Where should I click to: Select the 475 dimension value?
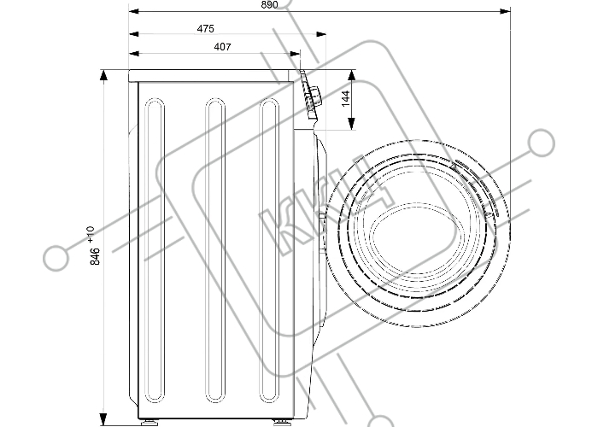[205, 28]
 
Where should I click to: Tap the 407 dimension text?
[197, 48]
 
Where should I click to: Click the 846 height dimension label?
[95, 254]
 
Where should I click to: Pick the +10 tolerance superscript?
[91, 231]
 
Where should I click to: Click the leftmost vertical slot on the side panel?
[154, 248]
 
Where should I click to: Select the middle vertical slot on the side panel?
[213, 248]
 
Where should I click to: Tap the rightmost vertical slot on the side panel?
[270, 248]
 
